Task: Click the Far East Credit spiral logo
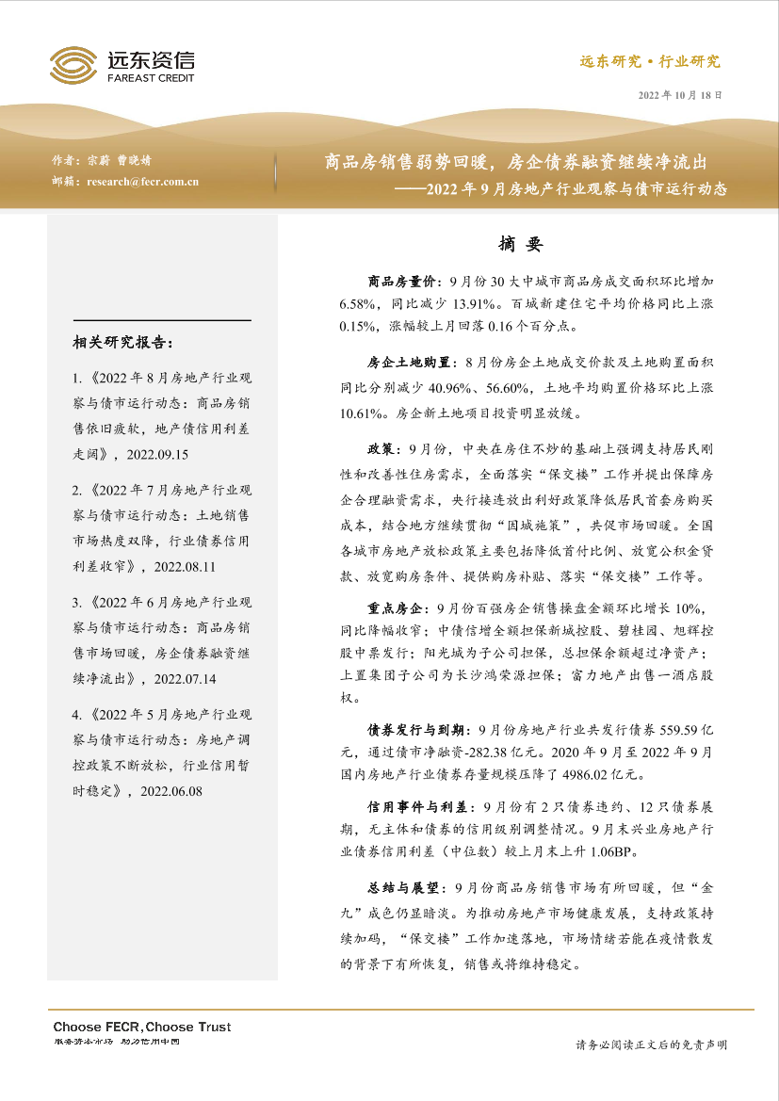click(73, 66)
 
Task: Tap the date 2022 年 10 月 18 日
click(682, 96)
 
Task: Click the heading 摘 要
click(522, 244)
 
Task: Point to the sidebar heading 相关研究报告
click(122, 342)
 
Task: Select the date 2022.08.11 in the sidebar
click(185, 566)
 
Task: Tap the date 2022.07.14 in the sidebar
click(185, 677)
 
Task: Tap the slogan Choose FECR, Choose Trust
click(141, 1027)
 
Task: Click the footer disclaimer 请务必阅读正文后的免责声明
click(651, 1044)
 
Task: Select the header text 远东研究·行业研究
click(649, 62)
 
